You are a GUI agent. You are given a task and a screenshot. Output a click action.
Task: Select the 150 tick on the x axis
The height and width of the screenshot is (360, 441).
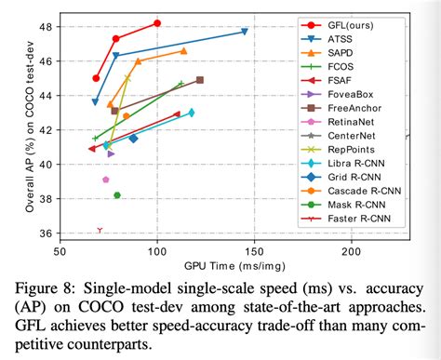click(254, 252)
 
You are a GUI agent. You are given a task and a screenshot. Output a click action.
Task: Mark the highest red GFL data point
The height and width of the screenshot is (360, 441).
click(157, 22)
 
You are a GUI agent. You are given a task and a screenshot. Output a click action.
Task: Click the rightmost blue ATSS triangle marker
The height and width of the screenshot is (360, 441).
click(245, 32)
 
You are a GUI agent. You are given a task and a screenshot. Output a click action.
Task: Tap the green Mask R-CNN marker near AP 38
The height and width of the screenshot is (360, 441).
click(117, 195)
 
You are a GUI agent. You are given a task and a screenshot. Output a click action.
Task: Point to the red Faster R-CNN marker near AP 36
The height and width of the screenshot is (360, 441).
click(100, 230)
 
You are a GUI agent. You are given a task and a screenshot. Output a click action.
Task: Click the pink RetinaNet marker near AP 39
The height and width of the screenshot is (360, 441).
click(106, 180)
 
